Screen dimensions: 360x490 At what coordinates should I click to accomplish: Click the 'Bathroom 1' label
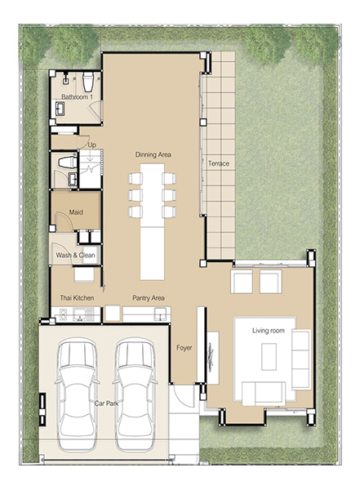click(x=77, y=97)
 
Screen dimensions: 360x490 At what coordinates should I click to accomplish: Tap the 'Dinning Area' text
click(x=153, y=154)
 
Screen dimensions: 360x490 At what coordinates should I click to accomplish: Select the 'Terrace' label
click(x=219, y=163)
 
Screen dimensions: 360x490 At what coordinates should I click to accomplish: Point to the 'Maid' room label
click(x=76, y=212)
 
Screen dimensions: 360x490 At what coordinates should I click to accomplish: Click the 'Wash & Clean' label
click(x=75, y=256)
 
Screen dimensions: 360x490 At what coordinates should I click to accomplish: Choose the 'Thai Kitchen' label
click(x=77, y=298)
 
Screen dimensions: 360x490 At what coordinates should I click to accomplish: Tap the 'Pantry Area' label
click(x=149, y=298)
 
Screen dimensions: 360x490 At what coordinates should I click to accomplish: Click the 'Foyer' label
click(x=184, y=348)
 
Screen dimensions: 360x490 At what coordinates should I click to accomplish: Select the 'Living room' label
click(x=269, y=331)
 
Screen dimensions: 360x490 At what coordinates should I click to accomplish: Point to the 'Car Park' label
click(x=107, y=403)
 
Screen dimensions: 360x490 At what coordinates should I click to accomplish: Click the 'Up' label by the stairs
click(x=92, y=145)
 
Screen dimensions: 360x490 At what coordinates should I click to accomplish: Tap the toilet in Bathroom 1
click(x=88, y=82)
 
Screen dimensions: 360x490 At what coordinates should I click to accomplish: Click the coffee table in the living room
click(x=269, y=357)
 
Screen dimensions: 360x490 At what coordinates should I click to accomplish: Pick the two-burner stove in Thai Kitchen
click(x=63, y=314)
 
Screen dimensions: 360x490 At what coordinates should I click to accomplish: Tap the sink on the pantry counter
click(x=160, y=314)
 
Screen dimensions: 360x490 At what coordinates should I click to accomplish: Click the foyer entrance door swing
click(x=184, y=396)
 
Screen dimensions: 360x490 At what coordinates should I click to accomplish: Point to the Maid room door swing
click(x=64, y=222)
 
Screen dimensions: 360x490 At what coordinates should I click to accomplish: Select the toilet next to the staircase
click(x=68, y=163)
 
